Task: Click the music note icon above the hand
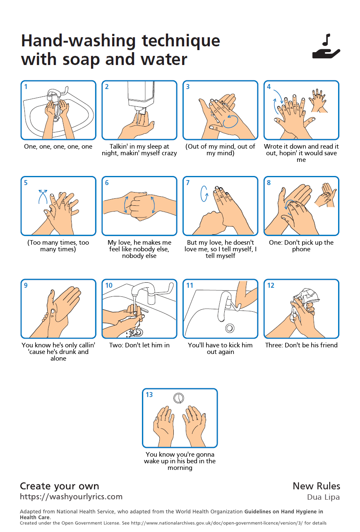click(326, 40)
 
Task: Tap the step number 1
click(26, 87)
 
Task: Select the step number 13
click(149, 395)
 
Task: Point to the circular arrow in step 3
click(230, 121)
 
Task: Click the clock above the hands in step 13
click(179, 398)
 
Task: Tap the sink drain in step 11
click(230, 328)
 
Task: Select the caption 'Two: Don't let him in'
click(139, 345)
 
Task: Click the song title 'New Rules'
click(316, 486)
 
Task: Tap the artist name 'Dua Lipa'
click(323, 497)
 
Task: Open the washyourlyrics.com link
click(71, 497)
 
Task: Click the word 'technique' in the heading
click(181, 41)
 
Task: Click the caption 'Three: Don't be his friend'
click(301, 345)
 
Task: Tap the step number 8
click(269, 183)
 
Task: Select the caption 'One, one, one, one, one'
click(58, 147)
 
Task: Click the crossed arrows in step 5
click(43, 196)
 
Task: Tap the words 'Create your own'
click(59, 486)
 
